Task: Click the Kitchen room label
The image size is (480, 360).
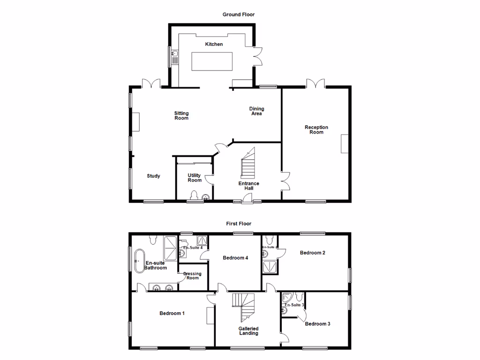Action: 214,44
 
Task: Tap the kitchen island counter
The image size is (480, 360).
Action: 212,61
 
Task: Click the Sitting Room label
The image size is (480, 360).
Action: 181,116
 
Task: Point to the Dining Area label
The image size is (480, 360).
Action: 256,111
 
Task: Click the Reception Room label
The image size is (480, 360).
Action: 316,130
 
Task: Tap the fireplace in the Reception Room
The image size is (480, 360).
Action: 345,144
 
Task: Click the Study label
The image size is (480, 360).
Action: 153,176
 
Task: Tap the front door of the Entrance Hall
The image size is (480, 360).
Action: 244,201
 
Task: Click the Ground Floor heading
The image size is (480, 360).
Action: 239,15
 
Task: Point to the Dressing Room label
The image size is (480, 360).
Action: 192,276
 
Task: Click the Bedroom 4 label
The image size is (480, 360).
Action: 235,258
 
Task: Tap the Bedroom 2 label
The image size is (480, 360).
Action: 313,253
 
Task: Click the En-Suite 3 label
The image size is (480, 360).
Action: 294,305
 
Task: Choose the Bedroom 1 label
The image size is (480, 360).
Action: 172,314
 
